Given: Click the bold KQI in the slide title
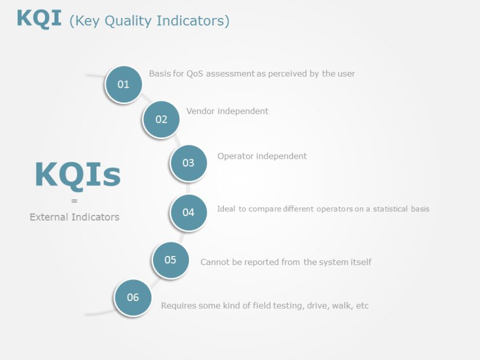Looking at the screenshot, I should point(40,19).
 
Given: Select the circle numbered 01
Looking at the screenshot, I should point(123,84).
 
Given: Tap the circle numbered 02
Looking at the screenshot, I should point(162,119).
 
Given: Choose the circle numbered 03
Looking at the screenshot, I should point(188,163).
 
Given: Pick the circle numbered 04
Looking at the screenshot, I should point(188,213).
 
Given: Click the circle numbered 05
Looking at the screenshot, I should point(170,260).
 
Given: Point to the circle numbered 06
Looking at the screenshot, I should point(133,298).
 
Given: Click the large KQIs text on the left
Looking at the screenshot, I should point(78,175).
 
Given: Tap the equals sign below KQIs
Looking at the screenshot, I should point(74,201).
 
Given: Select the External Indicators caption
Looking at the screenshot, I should point(74,217).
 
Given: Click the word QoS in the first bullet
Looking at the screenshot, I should point(195,74).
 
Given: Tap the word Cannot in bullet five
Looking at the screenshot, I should point(214,262).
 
